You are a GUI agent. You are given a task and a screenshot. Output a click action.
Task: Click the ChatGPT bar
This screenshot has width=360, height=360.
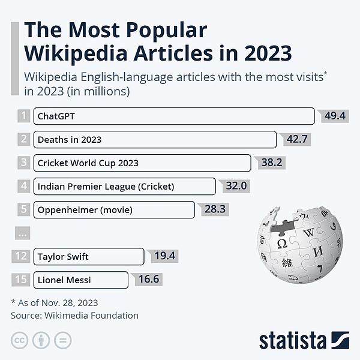[173, 116]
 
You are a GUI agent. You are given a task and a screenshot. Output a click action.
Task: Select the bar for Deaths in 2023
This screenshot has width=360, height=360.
[154, 139]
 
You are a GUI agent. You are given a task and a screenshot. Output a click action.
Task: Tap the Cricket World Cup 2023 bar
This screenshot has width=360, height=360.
[142, 163]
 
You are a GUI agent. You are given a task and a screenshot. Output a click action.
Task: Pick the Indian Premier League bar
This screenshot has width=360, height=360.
[124, 186]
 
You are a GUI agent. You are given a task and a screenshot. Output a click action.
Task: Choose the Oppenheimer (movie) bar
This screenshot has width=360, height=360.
[113, 209]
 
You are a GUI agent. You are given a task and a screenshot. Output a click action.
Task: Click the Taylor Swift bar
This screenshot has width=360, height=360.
[88, 256]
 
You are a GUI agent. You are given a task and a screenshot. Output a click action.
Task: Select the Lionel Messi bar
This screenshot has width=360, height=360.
[80, 280]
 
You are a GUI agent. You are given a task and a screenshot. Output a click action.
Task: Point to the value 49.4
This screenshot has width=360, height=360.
[335, 116]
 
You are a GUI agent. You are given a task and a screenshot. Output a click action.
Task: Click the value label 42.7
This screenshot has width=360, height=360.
[297, 139]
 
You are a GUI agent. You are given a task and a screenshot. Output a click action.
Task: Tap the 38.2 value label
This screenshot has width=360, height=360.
[271, 163]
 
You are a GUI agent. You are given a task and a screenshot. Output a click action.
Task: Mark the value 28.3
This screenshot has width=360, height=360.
[215, 209]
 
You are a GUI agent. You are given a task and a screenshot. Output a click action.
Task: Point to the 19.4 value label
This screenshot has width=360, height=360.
[164, 256]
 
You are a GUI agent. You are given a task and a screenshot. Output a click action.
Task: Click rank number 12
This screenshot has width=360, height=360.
[21, 256]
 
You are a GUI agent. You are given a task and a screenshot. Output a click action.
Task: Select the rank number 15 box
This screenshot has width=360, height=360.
[21, 280]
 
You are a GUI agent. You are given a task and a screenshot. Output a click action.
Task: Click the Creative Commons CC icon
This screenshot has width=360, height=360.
[20, 340]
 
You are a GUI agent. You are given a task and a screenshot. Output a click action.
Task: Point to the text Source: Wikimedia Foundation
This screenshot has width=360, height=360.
[75, 315]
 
